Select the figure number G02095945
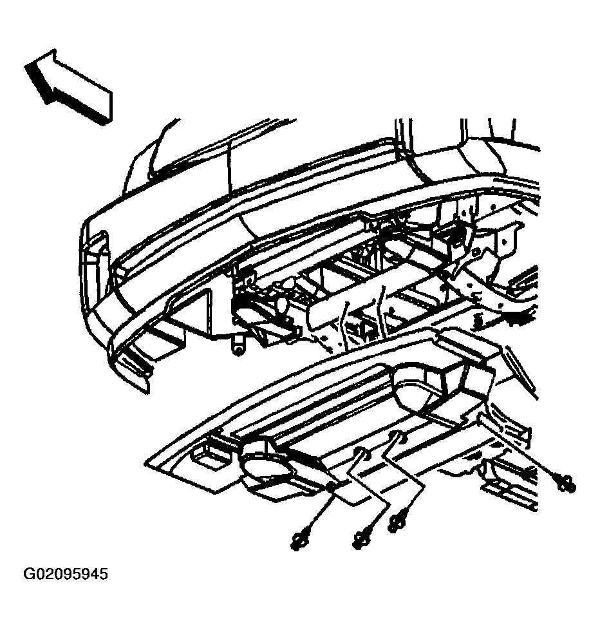[x=66, y=574]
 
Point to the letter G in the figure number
[x=29, y=574]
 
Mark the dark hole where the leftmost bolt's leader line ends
[x=331, y=486]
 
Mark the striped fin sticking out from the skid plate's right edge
[x=520, y=372]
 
